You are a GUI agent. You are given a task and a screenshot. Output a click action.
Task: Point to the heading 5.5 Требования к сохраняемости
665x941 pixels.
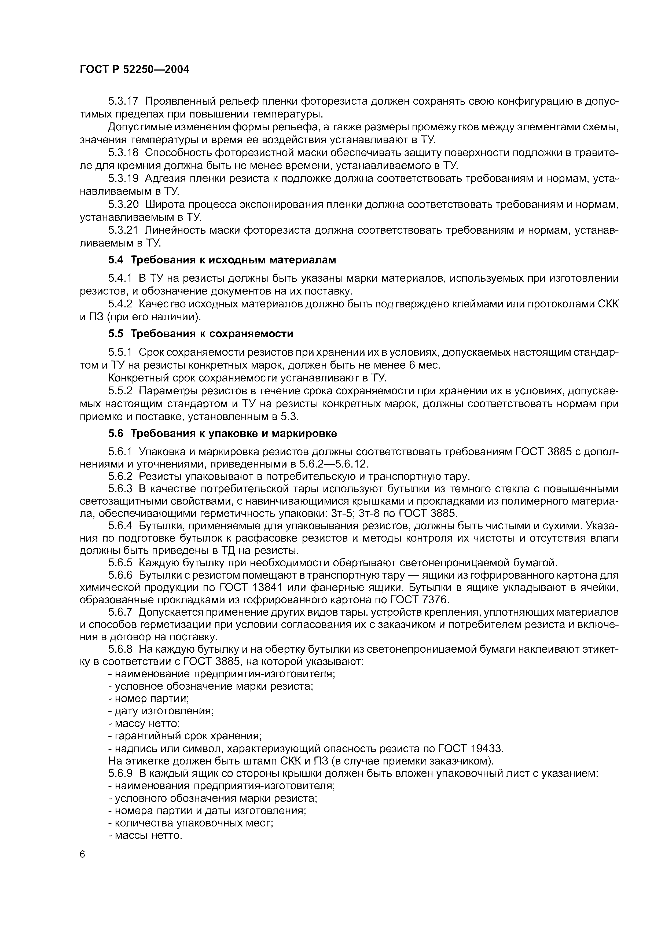(x=200, y=334)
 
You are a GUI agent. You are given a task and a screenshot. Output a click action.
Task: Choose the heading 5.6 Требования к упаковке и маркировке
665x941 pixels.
(x=222, y=433)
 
